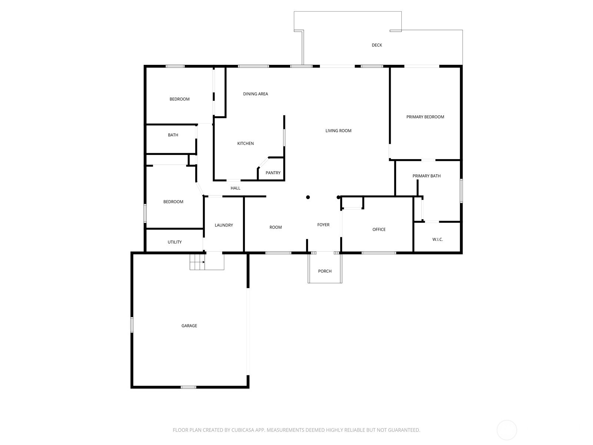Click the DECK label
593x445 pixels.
coord(377,45)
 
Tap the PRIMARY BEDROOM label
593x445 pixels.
coord(425,117)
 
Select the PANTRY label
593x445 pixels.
coord(273,173)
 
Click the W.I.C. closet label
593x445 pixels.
coord(437,240)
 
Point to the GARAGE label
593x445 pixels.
coord(189,326)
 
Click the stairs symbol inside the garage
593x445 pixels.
coord(197,262)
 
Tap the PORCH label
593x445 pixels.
coord(325,271)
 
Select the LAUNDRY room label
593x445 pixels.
coord(223,225)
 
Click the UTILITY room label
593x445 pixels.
coord(175,242)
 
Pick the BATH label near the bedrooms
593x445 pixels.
coord(173,135)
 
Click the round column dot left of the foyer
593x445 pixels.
coord(308,197)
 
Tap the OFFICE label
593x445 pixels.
coord(379,230)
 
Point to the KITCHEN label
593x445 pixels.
coord(245,144)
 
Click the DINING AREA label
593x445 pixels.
coord(255,94)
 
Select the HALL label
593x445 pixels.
coord(235,188)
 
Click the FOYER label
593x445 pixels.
coord(323,225)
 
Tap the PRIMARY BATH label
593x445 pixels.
coord(426,176)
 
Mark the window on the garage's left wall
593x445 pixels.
coord(132,325)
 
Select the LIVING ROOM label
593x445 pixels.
coord(338,131)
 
